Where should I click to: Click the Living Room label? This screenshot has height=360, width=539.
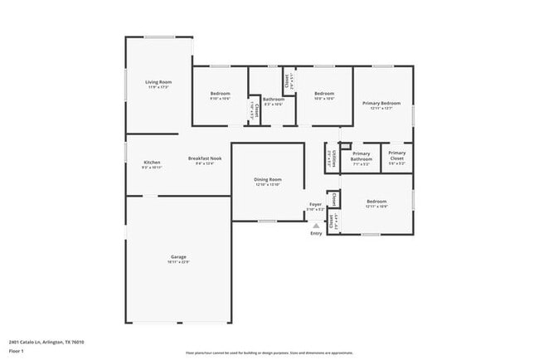pos(158,82)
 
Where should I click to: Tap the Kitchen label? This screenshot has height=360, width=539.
pos(152,163)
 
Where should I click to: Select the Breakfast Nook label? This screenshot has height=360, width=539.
pos(204,158)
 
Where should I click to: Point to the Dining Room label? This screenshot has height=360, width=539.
pos(268,179)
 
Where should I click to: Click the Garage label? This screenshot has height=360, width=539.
pos(178,257)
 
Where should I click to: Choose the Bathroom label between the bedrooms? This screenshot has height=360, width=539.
pos(274,100)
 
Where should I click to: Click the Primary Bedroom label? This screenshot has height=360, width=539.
pos(381,103)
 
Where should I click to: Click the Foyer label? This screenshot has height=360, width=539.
pos(316,204)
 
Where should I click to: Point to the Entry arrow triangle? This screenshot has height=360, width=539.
pos(316,225)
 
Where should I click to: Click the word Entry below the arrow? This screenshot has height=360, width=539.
pos(316,233)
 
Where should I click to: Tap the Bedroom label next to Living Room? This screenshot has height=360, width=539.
pos(220,94)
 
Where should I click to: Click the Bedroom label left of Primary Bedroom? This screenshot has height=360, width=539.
pos(324,94)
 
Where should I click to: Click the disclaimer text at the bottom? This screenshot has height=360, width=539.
pos(269,353)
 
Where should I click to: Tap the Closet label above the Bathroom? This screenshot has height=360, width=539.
pos(288,80)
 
